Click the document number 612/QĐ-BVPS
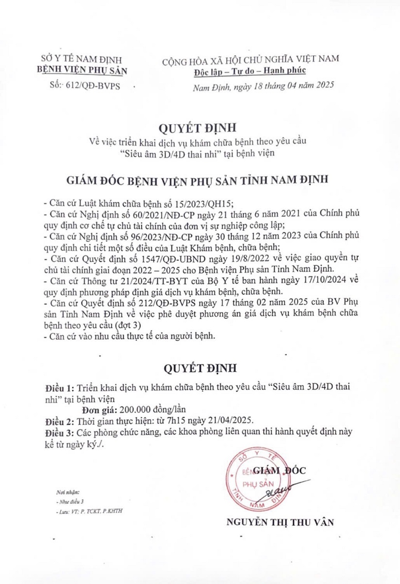(96, 85)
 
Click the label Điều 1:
(60, 389)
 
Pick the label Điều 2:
(60, 420)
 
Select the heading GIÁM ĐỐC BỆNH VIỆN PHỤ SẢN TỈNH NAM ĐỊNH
(200, 179)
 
